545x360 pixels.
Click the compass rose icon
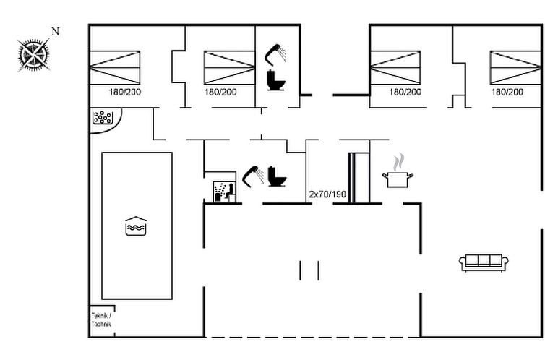tap(33, 54)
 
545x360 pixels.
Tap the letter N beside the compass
tap(56, 31)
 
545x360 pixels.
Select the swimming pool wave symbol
tap(137, 226)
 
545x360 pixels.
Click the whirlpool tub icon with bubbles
tap(102, 117)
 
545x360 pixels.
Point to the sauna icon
tap(221, 189)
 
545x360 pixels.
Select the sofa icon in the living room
tap(484, 262)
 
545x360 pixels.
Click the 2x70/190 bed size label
tap(327, 194)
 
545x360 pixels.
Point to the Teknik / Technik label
tap(102, 320)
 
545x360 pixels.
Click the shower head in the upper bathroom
tap(275, 52)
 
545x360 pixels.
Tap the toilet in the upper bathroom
tap(275, 79)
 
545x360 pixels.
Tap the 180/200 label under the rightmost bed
tap(507, 92)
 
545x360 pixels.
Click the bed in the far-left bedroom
tap(115, 67)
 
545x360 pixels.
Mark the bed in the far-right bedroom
tap(515, 67)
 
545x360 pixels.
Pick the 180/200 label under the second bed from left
tap(220, 92)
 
